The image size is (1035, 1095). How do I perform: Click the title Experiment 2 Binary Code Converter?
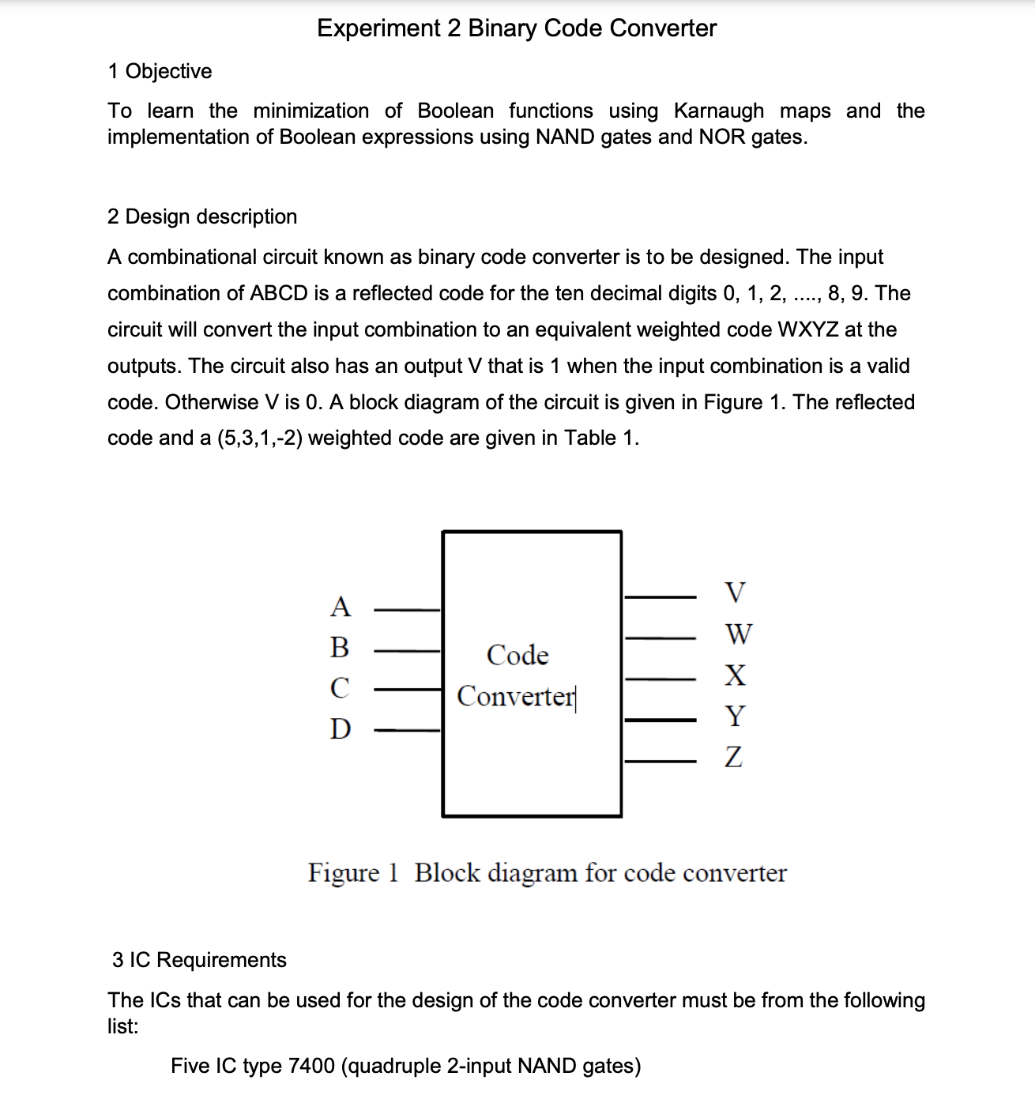tap(517, 28)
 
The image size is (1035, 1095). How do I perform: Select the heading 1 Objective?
tap(160, 71)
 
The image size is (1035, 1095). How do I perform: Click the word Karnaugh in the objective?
tap(719, 111)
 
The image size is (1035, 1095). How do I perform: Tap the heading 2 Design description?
tap(202, 216)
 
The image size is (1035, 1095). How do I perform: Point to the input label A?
tap(340, 607)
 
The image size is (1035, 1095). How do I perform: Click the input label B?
tap(340, 647)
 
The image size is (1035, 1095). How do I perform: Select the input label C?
tap(340, 688)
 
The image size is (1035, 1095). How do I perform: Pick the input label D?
tap(340, 728)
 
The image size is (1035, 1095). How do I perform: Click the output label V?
tap(735, 592)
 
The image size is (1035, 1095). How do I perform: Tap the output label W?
tap(738, 634)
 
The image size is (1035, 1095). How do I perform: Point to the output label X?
tap(736, 675)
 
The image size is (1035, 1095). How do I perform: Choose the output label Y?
tap(735, 717)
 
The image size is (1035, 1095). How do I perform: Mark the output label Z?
tap(734, 758)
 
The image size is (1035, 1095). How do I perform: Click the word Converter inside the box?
tap(516, 697)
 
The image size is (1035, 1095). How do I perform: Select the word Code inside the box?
tap(517, 655)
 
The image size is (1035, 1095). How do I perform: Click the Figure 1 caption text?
tap(547, 873)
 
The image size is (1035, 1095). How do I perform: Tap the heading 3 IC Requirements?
tap(199, 960)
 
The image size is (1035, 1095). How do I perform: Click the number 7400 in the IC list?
tap(311, 1066)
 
